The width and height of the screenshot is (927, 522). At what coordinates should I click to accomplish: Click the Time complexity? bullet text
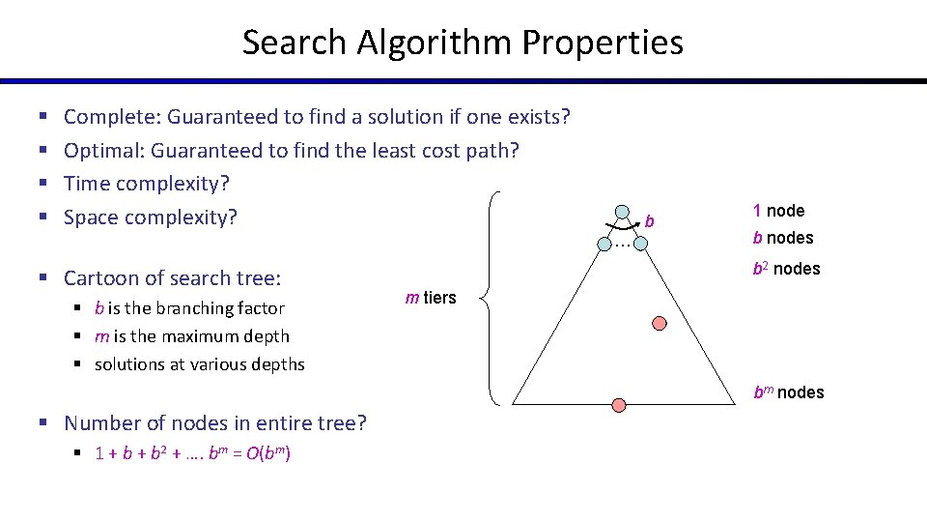tap(146, 183)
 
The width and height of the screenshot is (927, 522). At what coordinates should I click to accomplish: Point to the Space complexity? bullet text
tap(150, 217)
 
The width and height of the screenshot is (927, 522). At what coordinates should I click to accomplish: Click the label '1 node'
tap(778, 211)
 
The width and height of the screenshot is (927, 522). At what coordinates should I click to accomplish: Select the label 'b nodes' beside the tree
tap(783, 238)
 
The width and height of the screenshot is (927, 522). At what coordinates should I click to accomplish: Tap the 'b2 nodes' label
tap(786, 269)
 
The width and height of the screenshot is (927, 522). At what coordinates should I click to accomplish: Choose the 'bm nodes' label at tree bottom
tap(788, 392)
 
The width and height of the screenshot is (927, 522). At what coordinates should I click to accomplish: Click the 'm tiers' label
tap(431, 298)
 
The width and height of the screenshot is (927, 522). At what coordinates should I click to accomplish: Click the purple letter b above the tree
tap(650, 221)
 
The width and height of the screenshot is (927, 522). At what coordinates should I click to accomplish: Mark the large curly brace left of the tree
tap(494, 297)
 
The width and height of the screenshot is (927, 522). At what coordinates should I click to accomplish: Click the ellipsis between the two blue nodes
tap(623, 245)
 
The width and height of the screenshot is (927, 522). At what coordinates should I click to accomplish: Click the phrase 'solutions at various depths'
tap(199, 364)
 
